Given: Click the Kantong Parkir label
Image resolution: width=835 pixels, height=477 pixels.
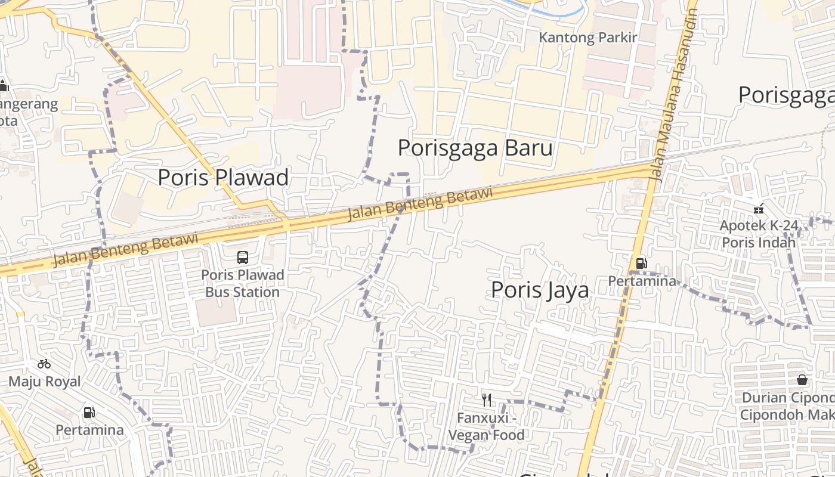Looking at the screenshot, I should coord(588,38).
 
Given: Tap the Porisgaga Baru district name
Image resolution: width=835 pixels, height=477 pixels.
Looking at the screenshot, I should coord(475,148).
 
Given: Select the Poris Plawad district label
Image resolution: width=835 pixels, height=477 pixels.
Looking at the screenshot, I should coord(223,177).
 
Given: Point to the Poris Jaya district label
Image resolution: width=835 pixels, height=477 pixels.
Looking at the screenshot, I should coord(540,290).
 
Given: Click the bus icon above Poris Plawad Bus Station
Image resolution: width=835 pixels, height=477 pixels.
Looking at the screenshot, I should coord(243,258).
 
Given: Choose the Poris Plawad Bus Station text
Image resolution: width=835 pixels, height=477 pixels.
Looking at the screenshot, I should coord(242,284).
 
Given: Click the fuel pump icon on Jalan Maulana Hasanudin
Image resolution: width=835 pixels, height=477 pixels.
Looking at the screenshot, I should coord(641,263).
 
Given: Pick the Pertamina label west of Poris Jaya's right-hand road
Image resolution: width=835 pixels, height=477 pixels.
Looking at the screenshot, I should coord(642,280).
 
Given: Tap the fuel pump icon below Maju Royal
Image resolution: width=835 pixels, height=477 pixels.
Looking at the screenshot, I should coord(89,412).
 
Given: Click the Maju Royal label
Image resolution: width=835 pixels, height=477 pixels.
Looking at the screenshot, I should coord(44,382).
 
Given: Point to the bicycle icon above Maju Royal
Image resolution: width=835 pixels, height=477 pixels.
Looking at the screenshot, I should coord(44,364).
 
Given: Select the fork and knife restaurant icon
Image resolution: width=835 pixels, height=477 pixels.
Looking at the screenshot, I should coord(487,399).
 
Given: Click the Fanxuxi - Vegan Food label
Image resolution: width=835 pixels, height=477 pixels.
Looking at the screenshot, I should coord(486,426).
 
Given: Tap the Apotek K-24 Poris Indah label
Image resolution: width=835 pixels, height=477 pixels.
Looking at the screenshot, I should coord(758,234).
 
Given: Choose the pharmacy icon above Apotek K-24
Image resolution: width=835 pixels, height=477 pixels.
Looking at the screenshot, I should coord(758,209).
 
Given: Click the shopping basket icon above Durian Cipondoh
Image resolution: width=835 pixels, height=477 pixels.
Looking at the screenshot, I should coord(802,380).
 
